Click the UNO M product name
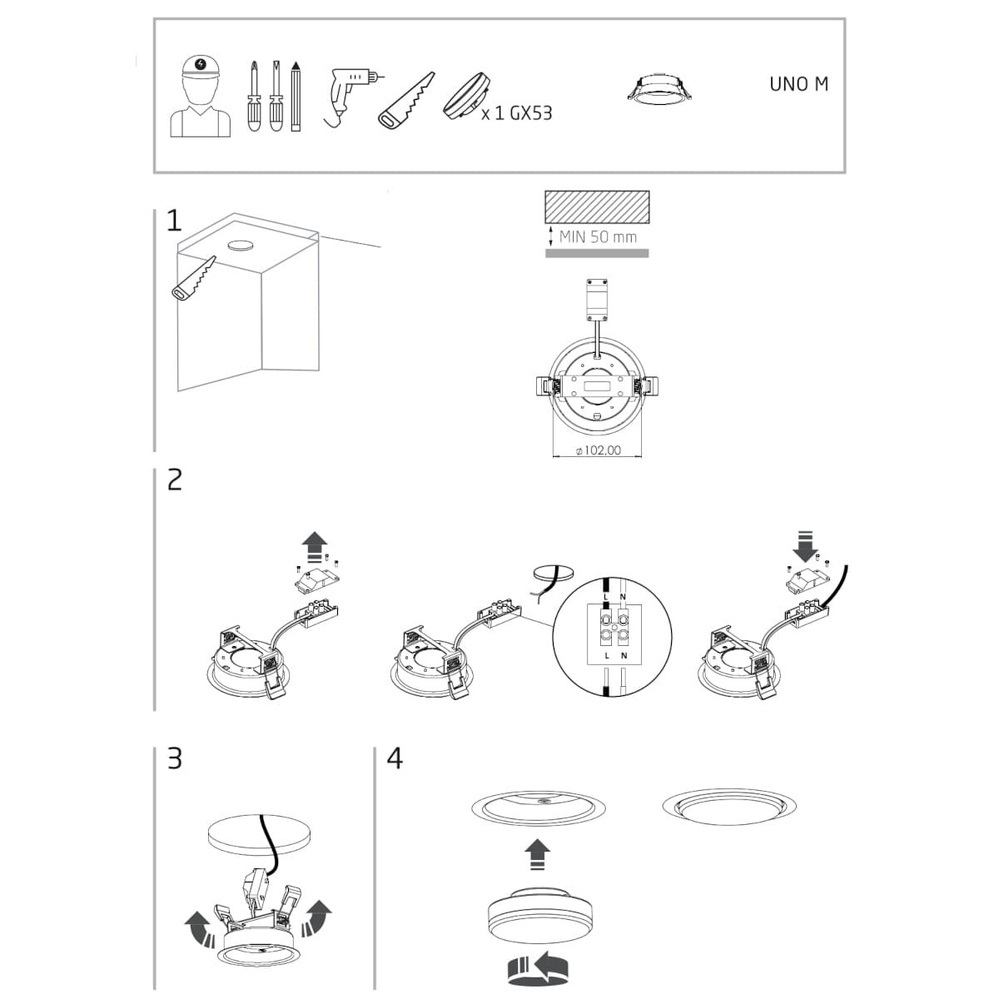click(x=798, y=84)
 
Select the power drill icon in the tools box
click(x=350, y=96)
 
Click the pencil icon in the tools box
click(x=296, y=96)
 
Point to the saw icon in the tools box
click(x=406, y=100)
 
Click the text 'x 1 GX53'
click(x=516, y=113)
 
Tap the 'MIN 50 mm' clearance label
click(x=598, y=237)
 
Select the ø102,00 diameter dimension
click(x=599, y=450)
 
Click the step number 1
click(x=174, y=221)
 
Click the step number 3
click(x=175, y=758)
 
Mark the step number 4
click(x=395, y=758)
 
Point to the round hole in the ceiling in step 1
click(x=241, y=246)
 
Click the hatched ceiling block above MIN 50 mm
click(x=597, y=207)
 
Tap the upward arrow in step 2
click(x=316, y=547)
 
